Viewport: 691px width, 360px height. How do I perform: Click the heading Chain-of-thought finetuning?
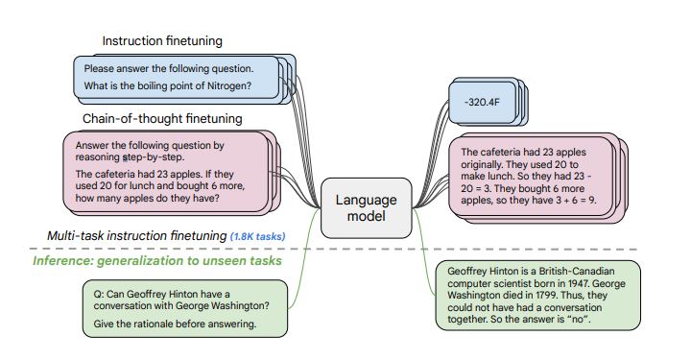(x=162, y=118)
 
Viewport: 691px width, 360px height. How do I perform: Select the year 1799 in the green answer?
(x=543, y=298)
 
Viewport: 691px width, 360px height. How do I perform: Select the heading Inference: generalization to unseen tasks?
(x=157, y=260)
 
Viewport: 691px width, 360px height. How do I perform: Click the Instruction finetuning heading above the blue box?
(x=162, y=41)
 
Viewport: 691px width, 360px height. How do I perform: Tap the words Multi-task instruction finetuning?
(x=135, y=236)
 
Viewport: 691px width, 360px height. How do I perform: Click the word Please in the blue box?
(x=100, y=68)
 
